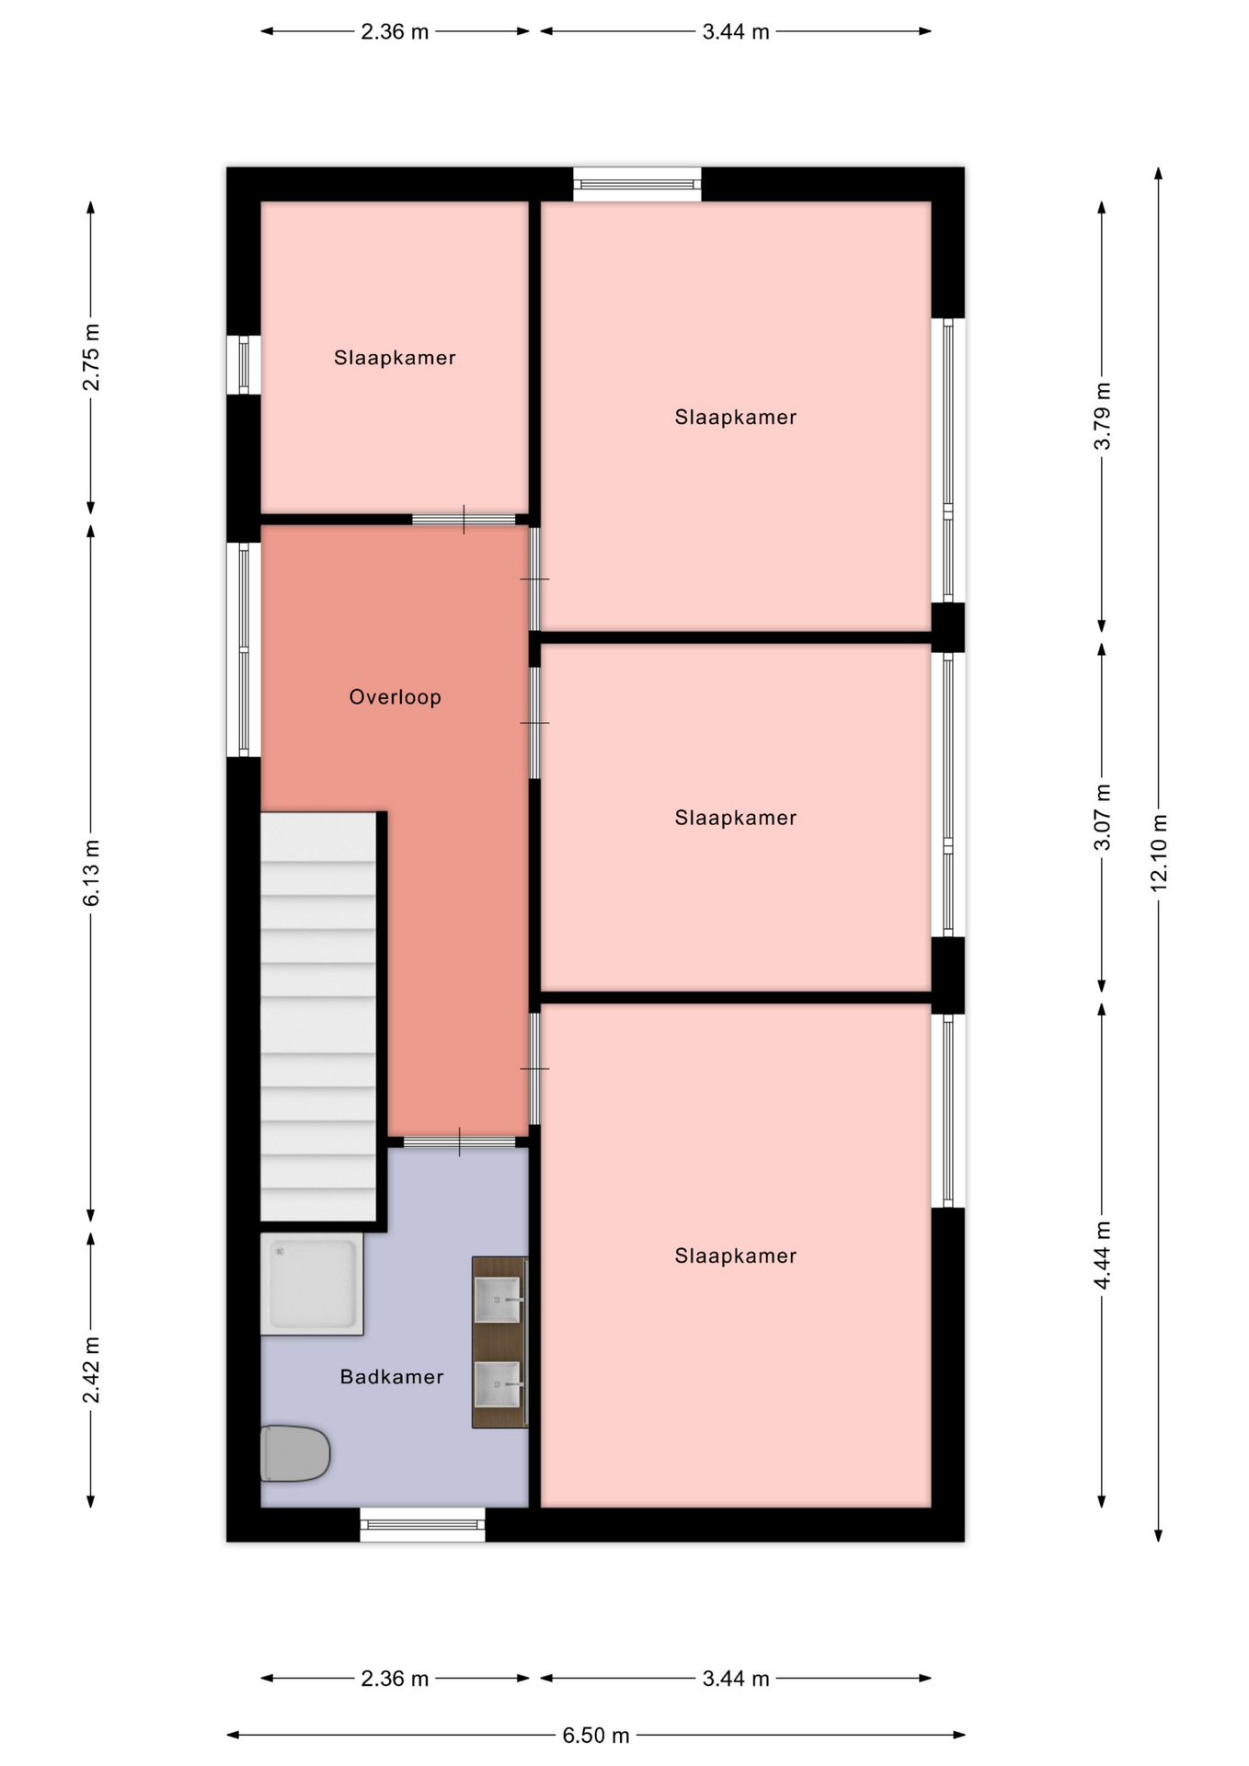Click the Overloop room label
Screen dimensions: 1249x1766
pos(395,697)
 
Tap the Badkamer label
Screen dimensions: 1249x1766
pos(392,1377)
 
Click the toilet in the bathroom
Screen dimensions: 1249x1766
pos(294,1453)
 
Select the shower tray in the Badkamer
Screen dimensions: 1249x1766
pos(312,1284)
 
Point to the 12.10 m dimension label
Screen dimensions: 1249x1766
pos(1158,853)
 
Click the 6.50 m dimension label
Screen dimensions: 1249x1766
pos(596,1736)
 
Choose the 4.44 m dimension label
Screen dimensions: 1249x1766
pos(1102,1256)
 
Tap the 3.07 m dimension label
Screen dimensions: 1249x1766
pos(1102,818)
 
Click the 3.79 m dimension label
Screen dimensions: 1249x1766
pos(1102,416)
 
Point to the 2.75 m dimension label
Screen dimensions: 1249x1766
pos(91,357)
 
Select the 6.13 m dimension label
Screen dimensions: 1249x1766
pos(91,873)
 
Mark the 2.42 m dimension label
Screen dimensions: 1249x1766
pos(91,1370)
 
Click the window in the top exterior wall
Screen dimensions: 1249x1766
pos(637,184)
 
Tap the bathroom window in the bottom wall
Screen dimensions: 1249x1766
pos(422,1525)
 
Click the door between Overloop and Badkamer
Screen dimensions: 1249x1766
pos(459,1142)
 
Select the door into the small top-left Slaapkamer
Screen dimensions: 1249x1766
pos(464,520)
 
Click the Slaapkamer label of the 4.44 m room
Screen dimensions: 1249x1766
pos(735,1256)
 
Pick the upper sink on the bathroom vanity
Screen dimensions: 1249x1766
pos(497,1300)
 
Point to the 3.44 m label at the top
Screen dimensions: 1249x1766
pos(736,32)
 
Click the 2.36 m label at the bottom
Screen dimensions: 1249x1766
pos(395,1679)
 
